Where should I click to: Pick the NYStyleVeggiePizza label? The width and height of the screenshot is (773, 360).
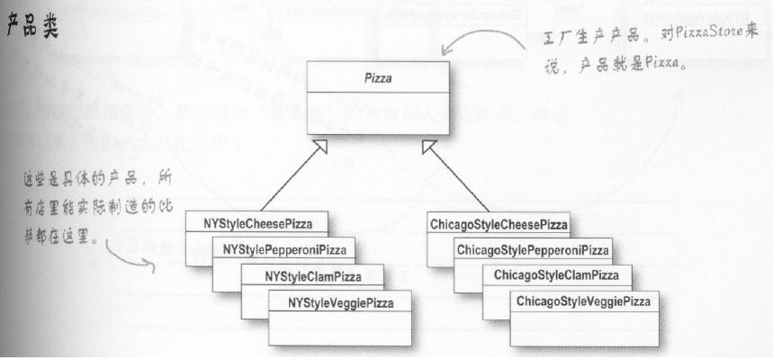(x=339, y=302)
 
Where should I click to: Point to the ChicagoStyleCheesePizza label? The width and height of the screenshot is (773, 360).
(x=499, y=221)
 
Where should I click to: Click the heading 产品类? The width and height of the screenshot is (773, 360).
(x=32, y=26)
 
